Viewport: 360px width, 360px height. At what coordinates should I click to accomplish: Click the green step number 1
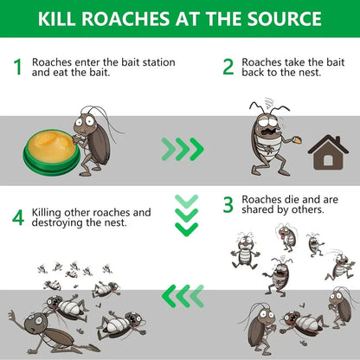tap(16, 67)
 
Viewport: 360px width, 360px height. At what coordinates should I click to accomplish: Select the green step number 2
tap(228, 67)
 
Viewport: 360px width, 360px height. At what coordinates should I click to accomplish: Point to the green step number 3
tap(228, 204)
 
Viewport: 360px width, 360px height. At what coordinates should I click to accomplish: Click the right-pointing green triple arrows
tap(183, 149)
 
